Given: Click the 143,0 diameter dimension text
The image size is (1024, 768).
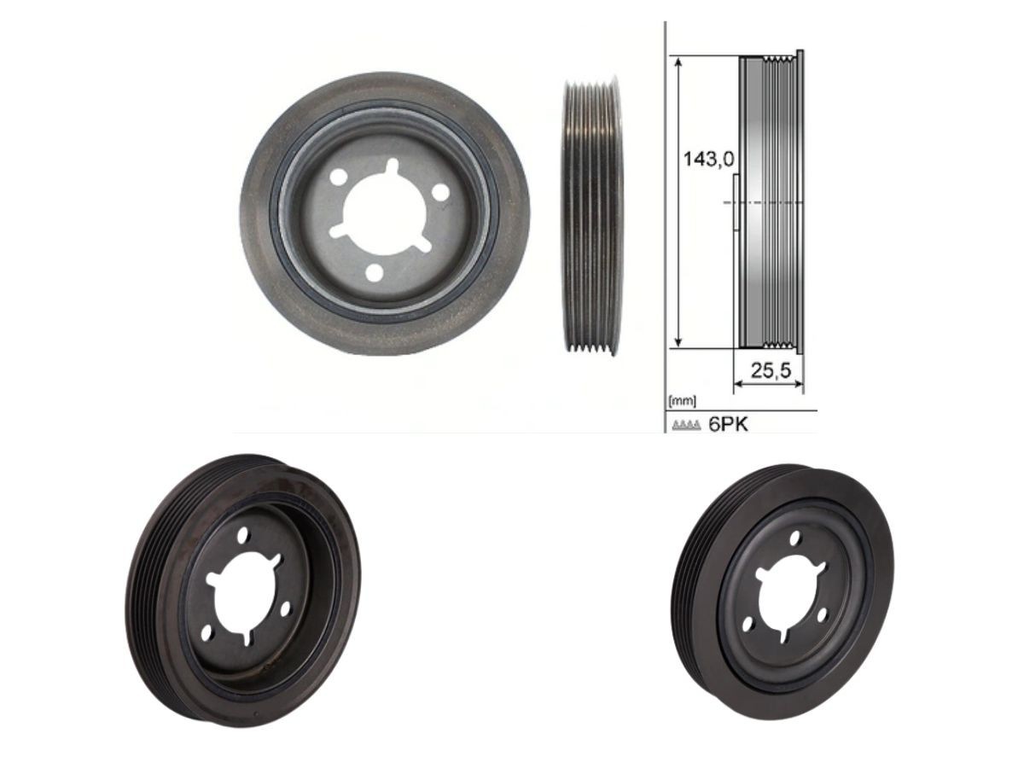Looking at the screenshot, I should [709, 158].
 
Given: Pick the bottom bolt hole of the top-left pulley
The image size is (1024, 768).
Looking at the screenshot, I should [375, 272].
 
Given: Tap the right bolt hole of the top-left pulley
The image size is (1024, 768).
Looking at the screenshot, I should [440, 193].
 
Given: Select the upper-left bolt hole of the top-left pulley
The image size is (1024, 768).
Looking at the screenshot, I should [338, 177].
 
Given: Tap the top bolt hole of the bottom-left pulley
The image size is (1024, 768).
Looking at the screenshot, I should [243, 535].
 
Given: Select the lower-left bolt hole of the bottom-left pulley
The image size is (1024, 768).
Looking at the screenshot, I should [206, 632].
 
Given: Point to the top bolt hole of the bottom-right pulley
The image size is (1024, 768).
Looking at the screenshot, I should [796, 538].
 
